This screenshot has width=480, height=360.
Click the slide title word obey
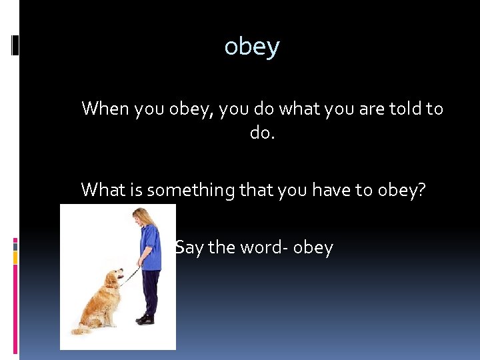click(252, 47)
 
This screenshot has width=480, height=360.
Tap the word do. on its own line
click(262, 133)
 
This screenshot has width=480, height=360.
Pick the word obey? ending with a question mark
click(405, 190)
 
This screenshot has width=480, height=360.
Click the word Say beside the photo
click(189, 247)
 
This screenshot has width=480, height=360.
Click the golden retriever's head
click(114, 277)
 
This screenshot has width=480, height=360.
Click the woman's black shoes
click(145, 319)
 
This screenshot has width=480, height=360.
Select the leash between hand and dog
click(131, 274)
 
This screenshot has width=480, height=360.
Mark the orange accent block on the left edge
click(15, 256)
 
